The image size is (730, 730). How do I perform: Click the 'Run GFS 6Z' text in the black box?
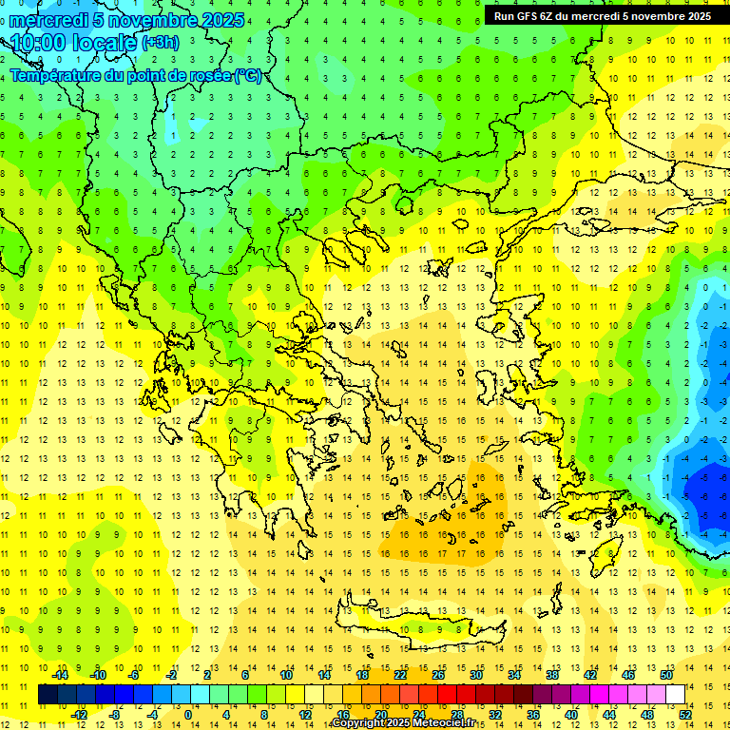point(524,16)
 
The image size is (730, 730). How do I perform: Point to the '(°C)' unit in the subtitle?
point(248,76)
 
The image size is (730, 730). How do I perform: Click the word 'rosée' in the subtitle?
point(206,76)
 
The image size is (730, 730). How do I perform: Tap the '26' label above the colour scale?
point(437,675)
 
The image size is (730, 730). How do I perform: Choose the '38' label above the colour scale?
point(551,675)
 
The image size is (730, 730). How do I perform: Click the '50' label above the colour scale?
point(665,675)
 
